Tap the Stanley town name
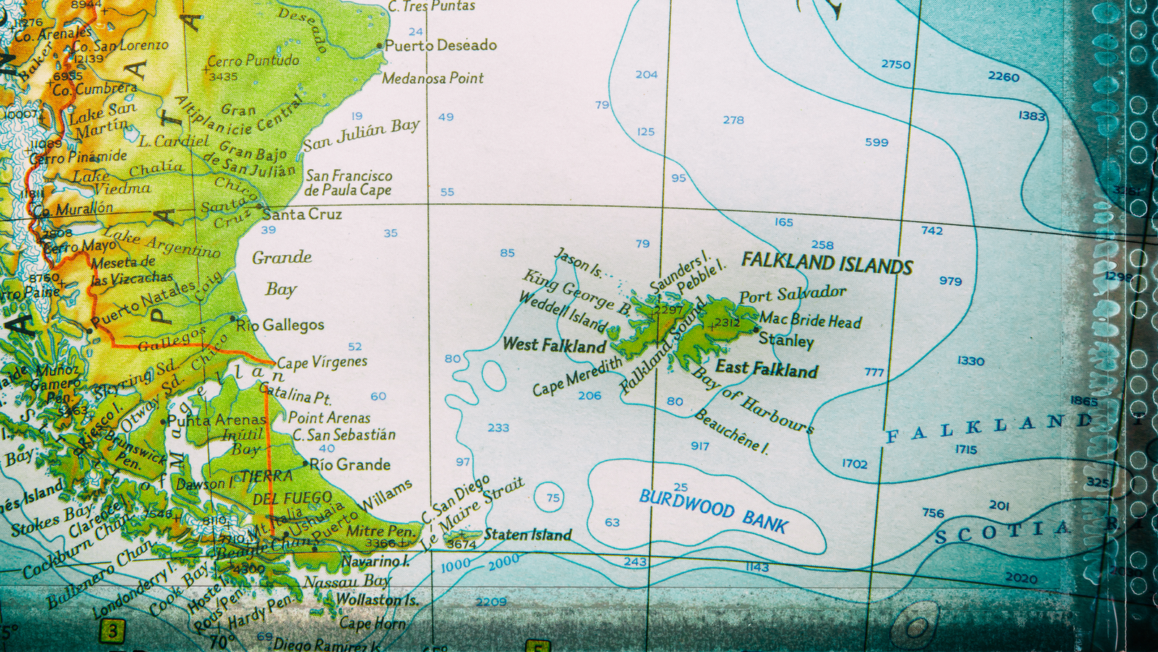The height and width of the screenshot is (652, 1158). pyautogui.click(x=786, y=340)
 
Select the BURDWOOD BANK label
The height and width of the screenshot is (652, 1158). pyautogui.click(x=713, y=510)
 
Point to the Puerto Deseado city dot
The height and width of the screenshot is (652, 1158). pyautogui.click(x=380, y=46)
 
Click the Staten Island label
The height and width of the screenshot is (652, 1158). pyautogui.click(x=528, y=535)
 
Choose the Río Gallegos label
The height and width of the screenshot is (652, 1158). pyautogui.click(x=280, y=325)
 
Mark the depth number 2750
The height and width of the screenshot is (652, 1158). pyautogui.click(x=896, y=64)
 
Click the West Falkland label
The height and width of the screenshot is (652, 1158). pyautogui.click(x=554, y=345)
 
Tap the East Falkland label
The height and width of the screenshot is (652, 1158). pyautogui.click(x=766, y=369)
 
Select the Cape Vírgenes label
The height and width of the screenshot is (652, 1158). pyautogui.click(x=322, y=361)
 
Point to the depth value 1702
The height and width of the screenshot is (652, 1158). pyautogui.click(x=854, y=463)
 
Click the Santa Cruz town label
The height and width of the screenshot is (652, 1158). pyautogui.click(x=302, y=214)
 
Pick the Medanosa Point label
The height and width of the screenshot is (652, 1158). pyautogui.click(x=432, y=78)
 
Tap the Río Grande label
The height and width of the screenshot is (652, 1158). pyautogui.click(x=350, y=464)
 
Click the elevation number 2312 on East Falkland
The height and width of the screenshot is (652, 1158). pyautogui.click(x=726, y=322)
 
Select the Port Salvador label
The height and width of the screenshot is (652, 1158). pyautogui.click(x=792, y=294)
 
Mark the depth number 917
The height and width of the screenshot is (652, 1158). pyautogui.click(x=700, y=446)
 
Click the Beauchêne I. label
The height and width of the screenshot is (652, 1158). pyautogui.click(x=731, y=432)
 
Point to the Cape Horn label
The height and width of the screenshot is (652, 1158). pyautogui.click(x=373, y=623)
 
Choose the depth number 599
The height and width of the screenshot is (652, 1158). pyautogui.click(x=876, y=142)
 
